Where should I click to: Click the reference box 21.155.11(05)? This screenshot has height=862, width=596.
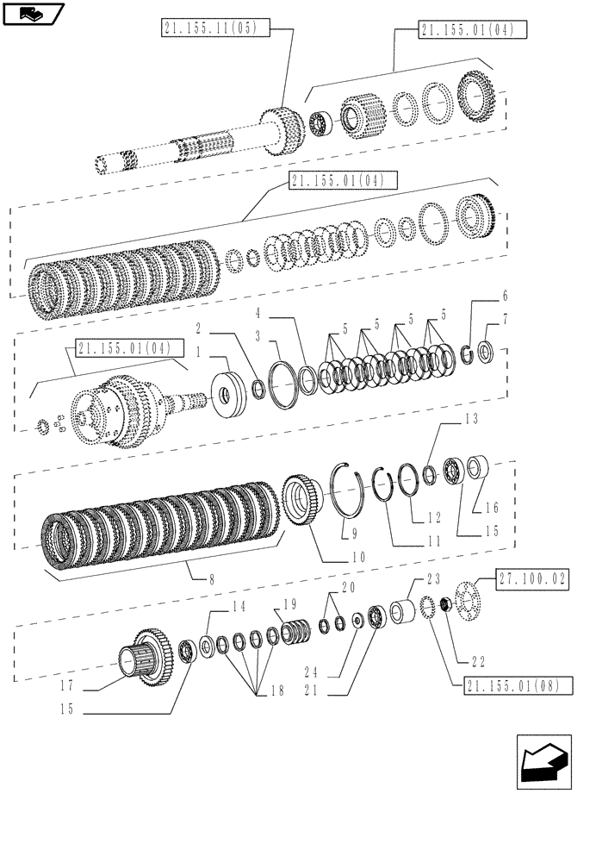[x=215, y=29]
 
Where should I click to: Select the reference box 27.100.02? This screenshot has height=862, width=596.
[x=531, y=578]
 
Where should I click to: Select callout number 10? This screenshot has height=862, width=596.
[x=357, y=558]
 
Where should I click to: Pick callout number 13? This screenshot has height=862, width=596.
[x=470, y=420]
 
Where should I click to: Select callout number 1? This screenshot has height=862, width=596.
[x=199, y=353]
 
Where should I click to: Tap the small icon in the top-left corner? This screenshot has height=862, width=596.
[x=32, y=13]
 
